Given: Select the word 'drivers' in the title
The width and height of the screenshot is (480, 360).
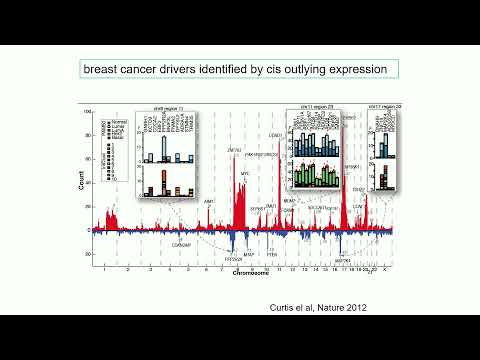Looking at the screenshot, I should click(x=175, y=69).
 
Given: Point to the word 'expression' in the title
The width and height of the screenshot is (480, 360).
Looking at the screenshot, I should click(x=359, y=69).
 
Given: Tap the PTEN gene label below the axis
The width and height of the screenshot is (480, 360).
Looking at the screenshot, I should click(x=270, y=255).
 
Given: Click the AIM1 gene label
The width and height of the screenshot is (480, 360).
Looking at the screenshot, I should click(x=210, y=201).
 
